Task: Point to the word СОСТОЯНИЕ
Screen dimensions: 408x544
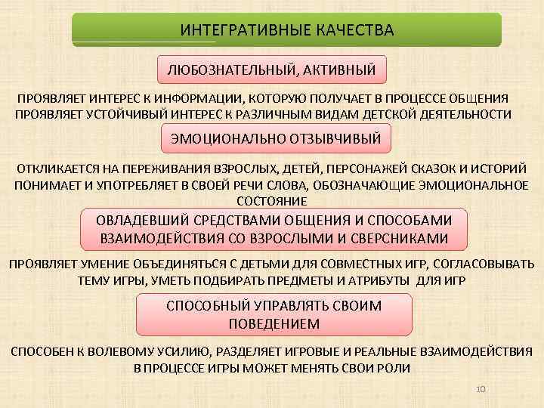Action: coord(272,202)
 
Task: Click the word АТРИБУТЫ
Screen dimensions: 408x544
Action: coord(380,280)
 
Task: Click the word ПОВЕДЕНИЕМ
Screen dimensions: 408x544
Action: coord(274,323)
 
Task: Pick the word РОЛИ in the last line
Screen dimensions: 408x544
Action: coord(395,368)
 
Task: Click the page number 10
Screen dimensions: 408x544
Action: coord(481,388)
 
